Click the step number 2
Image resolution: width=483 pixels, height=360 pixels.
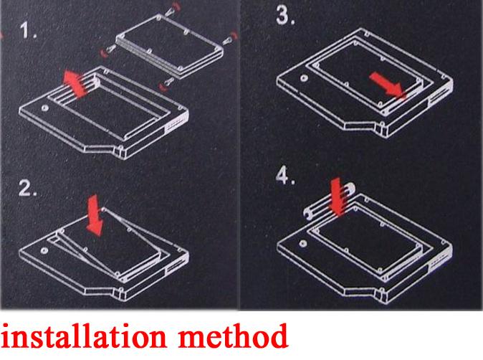pyautogui.click(x=27, y=188)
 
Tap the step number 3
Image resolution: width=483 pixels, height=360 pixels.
pyautogui.click(x=285, y=16)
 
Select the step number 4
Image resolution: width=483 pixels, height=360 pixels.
pyautogui.click(x=285, y=176)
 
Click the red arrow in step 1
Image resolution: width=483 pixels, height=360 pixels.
pyautogui.click(x=75, y=83)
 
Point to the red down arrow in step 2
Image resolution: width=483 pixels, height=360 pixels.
pyautogui.click(x=94, y=216)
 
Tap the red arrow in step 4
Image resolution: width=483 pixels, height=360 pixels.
pyautogui.click(x=338, y=197)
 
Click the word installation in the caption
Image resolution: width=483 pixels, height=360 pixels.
pyautogui.click(x=84, y=336)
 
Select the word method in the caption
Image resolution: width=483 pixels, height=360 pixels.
pyautogui.click(x=233, y=336)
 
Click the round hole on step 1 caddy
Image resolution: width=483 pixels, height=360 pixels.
pyautogui.click(x=45, y=108)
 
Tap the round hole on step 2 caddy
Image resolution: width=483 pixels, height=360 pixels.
pyautogui.click(x=44, y=250)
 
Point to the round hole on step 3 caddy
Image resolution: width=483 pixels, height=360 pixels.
pyautogui.click(x=304, y=78)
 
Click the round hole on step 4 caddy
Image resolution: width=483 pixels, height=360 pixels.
pyautogui.click(x=303, y=244)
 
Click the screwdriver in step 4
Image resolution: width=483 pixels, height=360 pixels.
pyautogui.click(x=330, y=200)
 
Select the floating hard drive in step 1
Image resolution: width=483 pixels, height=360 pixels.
pyautogui.click(x=169, y=46)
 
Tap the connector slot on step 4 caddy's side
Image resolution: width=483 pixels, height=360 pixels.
pyautogui.click(x=437, y=264)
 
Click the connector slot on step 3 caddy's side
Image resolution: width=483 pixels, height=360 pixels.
pyautogui.click(x=437, y=98)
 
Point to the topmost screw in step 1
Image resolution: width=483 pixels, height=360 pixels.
pyautogui.click(x=173, y=9)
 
